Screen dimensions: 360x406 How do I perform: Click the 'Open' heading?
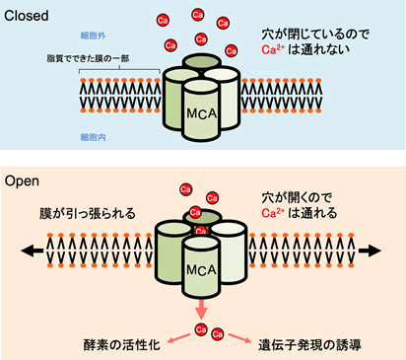24,181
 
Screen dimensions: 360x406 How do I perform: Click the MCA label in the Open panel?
198,267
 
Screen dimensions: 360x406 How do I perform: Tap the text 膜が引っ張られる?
82,212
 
